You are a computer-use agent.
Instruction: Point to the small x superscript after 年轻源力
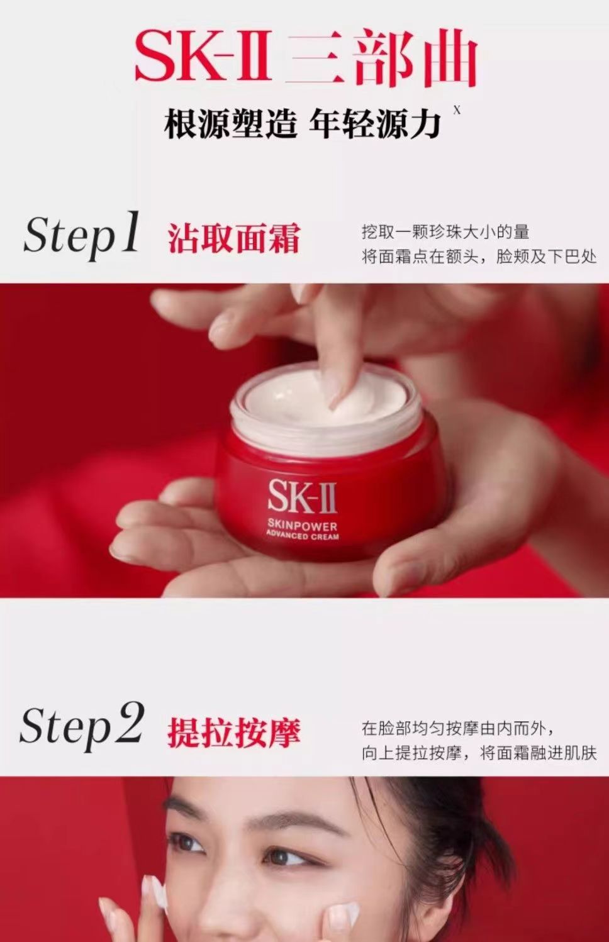coord(457,111)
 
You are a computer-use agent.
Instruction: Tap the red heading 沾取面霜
coord(234,238)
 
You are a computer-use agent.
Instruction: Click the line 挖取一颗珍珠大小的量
coord(445,232)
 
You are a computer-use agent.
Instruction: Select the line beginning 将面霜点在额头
coord(479,257)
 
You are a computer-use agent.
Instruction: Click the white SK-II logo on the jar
coord(302,496)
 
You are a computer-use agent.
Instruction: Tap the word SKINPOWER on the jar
coord(302,526)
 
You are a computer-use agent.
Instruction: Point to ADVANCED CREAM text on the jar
coord(302,536)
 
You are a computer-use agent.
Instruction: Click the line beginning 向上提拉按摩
coord(479,753)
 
